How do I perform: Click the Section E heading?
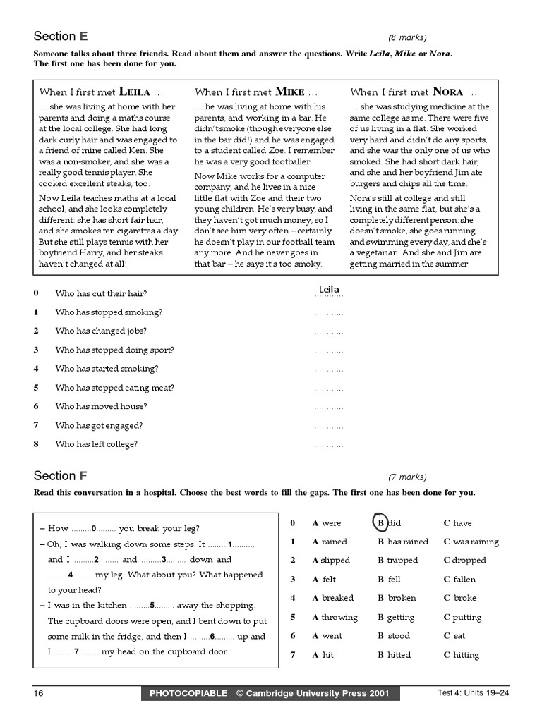point(61,37)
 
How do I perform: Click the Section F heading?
point(61,475)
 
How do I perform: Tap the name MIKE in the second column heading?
point(290,92)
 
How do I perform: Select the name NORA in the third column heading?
point(447,92)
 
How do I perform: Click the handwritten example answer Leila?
point(329,289)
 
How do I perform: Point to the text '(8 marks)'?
point(407,38)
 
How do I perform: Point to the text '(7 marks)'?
point(407,477)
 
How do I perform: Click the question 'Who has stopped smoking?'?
point(109,312)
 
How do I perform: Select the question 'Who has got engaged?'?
point(99,425)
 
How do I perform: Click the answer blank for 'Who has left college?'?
point(328,445)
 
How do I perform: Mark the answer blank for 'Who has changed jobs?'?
point(328,331)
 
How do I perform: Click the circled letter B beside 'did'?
point(380,522)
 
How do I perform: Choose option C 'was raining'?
point(471,541)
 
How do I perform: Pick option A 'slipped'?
point(331,561)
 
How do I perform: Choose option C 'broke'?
point(459,598)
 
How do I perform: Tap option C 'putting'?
point(462,617)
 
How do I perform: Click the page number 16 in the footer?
point(39,693)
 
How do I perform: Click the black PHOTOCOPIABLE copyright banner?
point(270,693)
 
